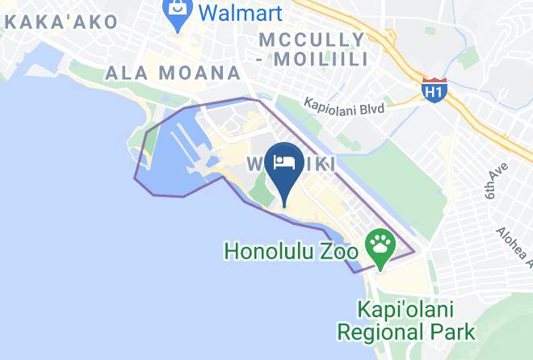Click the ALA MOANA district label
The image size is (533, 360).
[x=173, y=73]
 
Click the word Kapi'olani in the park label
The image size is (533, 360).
[x=407, y=310]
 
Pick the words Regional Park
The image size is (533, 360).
[x=406, y=331]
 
